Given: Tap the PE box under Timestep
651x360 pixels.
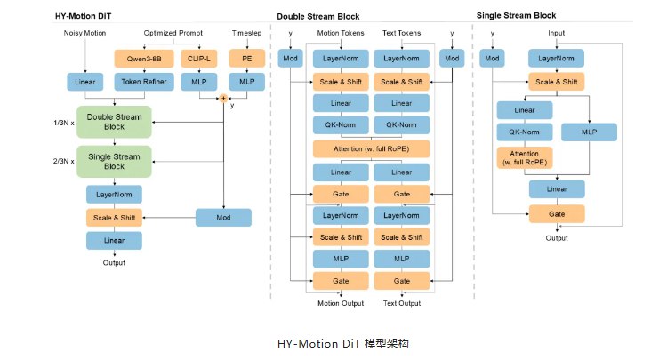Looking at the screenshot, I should [x=247, y=58].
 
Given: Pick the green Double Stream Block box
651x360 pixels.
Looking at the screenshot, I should [x=114, y=122].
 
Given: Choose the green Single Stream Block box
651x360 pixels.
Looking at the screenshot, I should [x=114, y=161].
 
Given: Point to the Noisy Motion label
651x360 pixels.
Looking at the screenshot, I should [x=84, y=33].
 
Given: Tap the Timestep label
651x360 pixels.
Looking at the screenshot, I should [x=246, y=33].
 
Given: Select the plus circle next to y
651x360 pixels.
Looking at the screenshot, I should [x=224, y=98].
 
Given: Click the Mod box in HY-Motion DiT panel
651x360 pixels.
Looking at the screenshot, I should [x=223, y=217].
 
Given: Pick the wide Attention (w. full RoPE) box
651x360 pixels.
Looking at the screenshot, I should [x=371, y=148].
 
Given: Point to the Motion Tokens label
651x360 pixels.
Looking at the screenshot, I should [x=341, y=33].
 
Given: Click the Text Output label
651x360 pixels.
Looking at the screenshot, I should [x=402, y=303].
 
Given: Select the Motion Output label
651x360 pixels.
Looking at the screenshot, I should [x=341, y=303].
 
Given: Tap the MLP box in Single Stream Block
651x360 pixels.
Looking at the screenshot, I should [x=588, y=132].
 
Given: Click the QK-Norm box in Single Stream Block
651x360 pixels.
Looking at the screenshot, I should [x=525, y=132].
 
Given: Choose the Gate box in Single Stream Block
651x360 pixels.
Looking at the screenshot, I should [x=557, y=213].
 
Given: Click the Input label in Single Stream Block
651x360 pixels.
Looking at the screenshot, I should [x=557, y=33].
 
